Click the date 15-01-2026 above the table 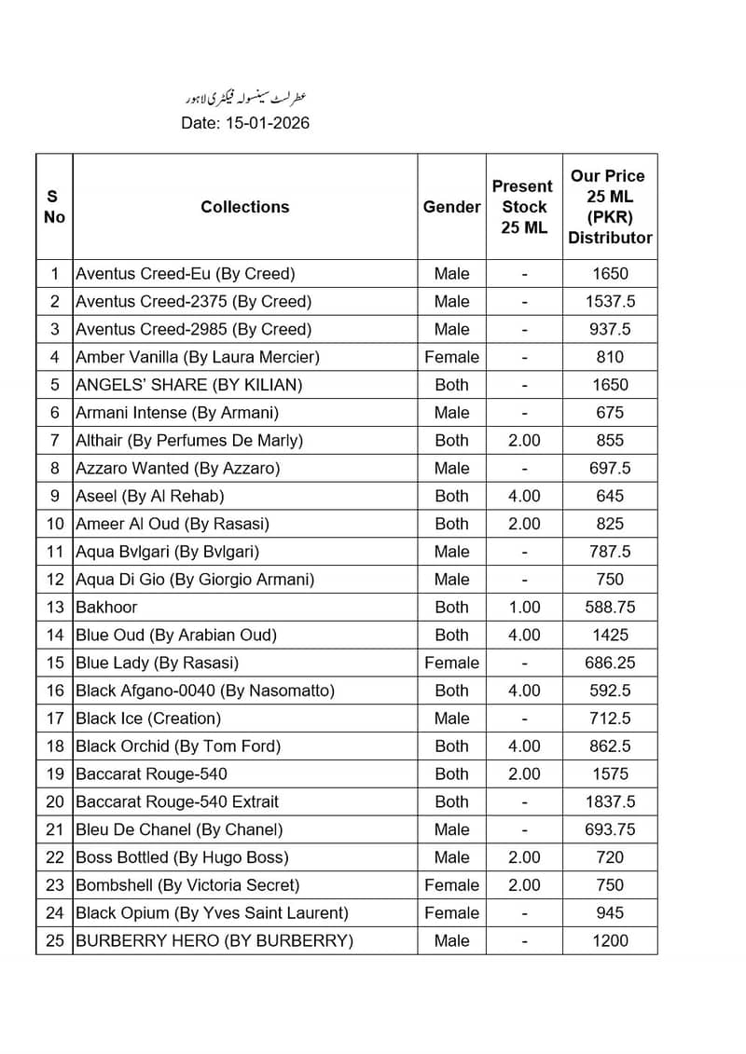tap(245, 123)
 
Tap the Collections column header tap(244, 207)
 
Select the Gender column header tap(451, 207)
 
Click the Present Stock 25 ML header tap(522, 207)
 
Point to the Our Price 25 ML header tap(610, 207)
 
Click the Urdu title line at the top tap(244, 98)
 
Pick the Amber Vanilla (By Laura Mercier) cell tap(198, 357)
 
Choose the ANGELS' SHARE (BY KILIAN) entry tap(188, 385)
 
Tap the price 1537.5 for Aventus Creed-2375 tap(610, 301)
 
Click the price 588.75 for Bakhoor tap(610, 607)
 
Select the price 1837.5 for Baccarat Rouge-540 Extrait tap(610, 801)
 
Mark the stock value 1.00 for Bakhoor tap(524, 607)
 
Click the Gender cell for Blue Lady tap(451, 663)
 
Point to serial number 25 tap(55, 940)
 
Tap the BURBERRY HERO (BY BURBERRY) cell tap(214, 940)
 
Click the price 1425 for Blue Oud tap(610, 635)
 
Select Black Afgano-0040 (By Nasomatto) tap(205, 691)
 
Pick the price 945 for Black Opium tap(610, 912)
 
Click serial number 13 tap(55, 607)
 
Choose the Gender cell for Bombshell tap(451, 884)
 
